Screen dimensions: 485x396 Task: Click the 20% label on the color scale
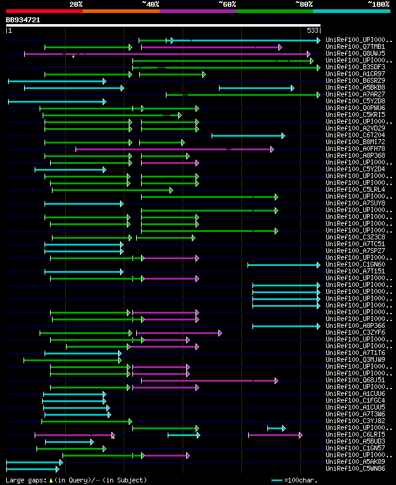[x=76, y=4]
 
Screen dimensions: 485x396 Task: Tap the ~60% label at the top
[x=227, y=4]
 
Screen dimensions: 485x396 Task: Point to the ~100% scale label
[x=378, y=4]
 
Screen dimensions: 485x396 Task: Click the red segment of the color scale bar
[x=44, y=11]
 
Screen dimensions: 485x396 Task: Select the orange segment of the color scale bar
[x=121, y=11]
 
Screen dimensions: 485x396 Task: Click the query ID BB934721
[x=23, y=20]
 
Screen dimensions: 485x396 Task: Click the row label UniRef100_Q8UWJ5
[x=355, y=53]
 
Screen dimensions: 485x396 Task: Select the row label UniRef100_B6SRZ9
[x=355, y=80]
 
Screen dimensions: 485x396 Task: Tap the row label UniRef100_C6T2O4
[x=355, y=135]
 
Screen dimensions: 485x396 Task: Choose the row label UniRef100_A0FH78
[x=355, y=148]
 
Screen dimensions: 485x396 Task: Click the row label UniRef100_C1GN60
[x=355, y=264]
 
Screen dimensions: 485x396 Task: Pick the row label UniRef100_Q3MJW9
[x=355, y=359]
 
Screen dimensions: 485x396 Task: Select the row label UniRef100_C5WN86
[x=355, y=468]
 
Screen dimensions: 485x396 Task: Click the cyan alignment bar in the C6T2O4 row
[x=247, y=135]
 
